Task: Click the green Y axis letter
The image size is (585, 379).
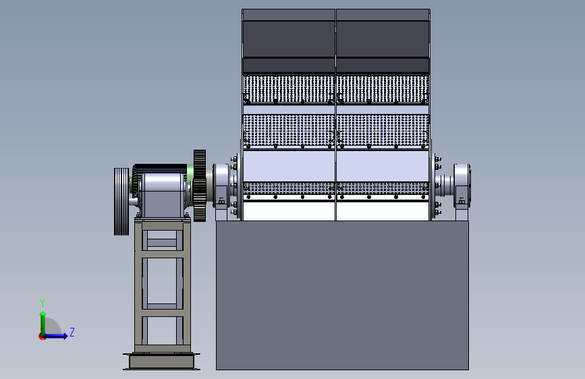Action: (43, 303)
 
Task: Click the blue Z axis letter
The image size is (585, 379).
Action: (72, 332)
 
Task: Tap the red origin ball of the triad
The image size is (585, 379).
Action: (42, 337)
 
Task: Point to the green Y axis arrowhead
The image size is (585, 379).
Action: (43, 314)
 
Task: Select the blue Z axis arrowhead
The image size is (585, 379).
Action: (65, 336)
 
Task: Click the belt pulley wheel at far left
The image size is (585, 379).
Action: (121, 202)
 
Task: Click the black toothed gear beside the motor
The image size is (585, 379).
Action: (200, 185)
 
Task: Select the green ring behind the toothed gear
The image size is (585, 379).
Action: (190, 185)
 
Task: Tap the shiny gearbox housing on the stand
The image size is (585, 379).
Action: (163, 195)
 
